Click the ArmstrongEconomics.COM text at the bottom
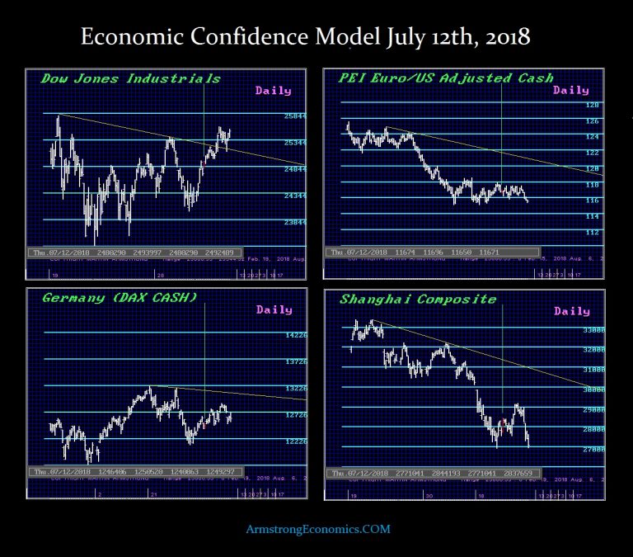point(317,529)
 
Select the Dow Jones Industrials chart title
point(131,78)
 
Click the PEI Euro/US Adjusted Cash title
point(446,78)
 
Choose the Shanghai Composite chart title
point(418,299)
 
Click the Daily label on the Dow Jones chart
point(274,90)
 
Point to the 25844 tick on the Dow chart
point(294,116)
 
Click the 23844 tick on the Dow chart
point(294,222)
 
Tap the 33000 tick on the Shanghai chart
point(594,330)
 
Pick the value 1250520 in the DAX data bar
point(152,471)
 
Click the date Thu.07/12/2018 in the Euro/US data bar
point(356,252)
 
